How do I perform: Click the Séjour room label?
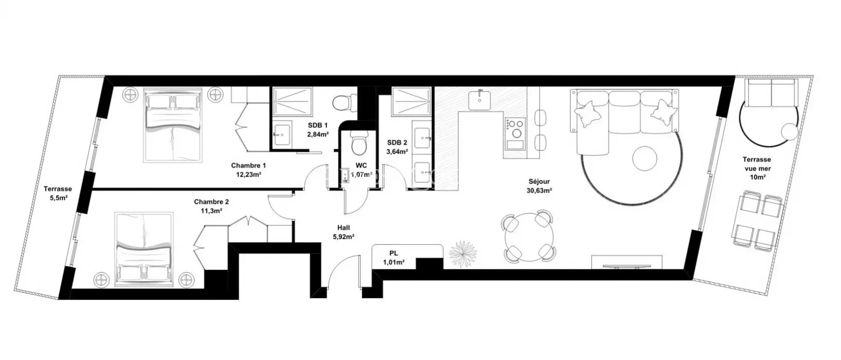click(x=539, y=181)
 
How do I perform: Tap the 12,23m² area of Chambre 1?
click(x=248, y=174)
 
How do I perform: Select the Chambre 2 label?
click(x=211, y=202)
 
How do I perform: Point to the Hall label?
click(x=343, y=228)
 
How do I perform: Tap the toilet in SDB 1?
click(x=341, y=102)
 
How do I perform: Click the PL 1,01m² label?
click(x=393, y=258)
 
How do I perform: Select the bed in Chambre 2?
click(x=144, y=250)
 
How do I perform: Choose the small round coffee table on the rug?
click(x=644, y=158)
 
